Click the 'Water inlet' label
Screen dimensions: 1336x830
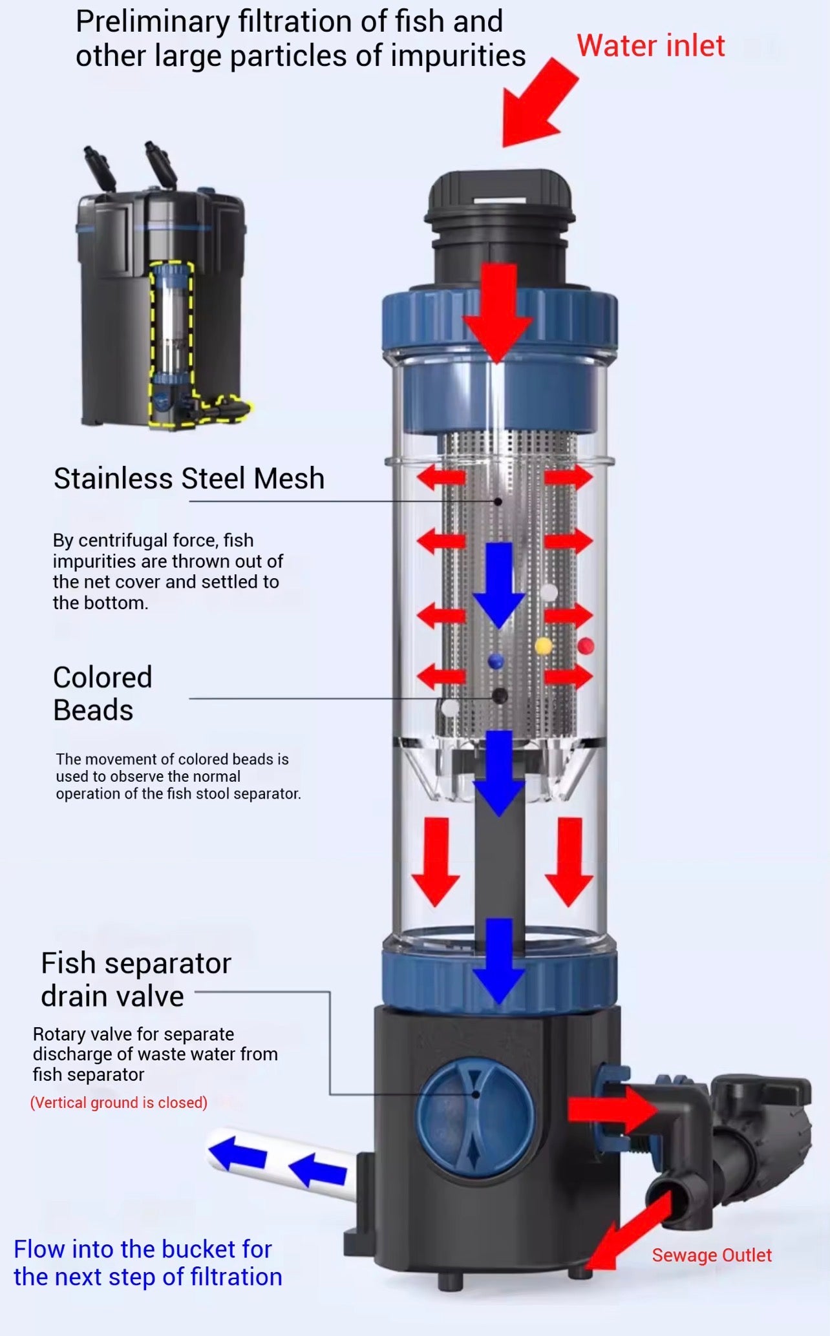tap(650, 47)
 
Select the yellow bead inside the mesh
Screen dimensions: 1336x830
tap(544, 645)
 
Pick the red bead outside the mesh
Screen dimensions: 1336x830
tap(586, 645)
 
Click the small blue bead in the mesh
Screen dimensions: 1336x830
tap(496, 661)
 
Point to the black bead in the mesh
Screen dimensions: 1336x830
tap(499, 696)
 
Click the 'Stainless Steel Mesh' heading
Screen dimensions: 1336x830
tap(189, 479)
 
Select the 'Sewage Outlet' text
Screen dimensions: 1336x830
tap(711, 1255)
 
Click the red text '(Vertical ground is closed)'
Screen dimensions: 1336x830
tap(119, 1102)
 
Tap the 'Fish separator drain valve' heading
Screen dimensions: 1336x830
tap(136, 979)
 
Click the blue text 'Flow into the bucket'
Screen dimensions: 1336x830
tap(142, 1249)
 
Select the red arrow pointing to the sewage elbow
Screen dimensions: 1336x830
tap(611, 1109)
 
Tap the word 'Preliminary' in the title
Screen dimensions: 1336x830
tap(152, 22)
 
